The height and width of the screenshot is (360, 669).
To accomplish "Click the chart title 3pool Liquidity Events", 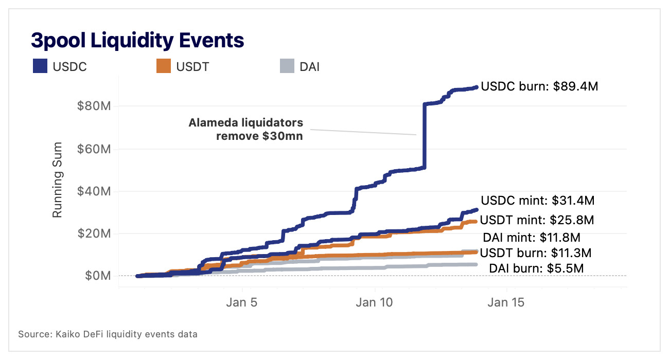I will point(137,40).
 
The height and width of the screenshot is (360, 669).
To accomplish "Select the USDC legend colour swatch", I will point(40,66).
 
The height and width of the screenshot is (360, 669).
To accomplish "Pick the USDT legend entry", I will point(183,66).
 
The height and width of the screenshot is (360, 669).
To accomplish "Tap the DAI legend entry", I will point(299,66).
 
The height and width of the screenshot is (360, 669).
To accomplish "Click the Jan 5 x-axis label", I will point(242,302).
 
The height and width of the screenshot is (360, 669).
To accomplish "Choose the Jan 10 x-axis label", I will point(374,302).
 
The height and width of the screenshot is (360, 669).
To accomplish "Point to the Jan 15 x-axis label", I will point(506,302).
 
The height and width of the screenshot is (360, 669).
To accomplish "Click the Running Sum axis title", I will point(58,179).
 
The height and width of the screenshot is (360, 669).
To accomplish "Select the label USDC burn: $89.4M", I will point(539,87).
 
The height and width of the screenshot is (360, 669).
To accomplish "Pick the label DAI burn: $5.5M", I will point(536,268).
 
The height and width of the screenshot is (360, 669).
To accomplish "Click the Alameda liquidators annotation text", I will point(245,130).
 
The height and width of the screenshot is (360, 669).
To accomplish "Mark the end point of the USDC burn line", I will point(476,87).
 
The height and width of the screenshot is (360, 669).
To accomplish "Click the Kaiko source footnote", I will point(108,334).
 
